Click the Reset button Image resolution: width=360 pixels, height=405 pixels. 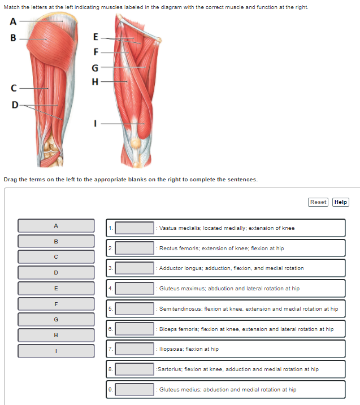[x=318, y=202]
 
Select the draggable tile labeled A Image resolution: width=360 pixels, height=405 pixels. [x=56, y=225]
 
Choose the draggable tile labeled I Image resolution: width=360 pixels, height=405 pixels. [x=56, y=351]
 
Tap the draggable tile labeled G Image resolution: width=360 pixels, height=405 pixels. [x=56, y=319]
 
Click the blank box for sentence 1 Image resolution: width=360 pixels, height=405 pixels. [x=135, y=228]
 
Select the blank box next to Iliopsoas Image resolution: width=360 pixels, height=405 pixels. [x=135, y=349]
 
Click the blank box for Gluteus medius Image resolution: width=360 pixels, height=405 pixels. [x=135, y=389]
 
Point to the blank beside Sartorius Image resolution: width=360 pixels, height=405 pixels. [x=135, y=369]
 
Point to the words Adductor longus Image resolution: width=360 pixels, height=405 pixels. [x=179, y=268]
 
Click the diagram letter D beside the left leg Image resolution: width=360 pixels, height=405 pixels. [x=15, y=104]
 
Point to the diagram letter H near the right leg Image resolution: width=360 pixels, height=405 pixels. [x=95, y=81]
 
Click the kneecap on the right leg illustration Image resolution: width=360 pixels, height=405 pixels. [x=136, y=143]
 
